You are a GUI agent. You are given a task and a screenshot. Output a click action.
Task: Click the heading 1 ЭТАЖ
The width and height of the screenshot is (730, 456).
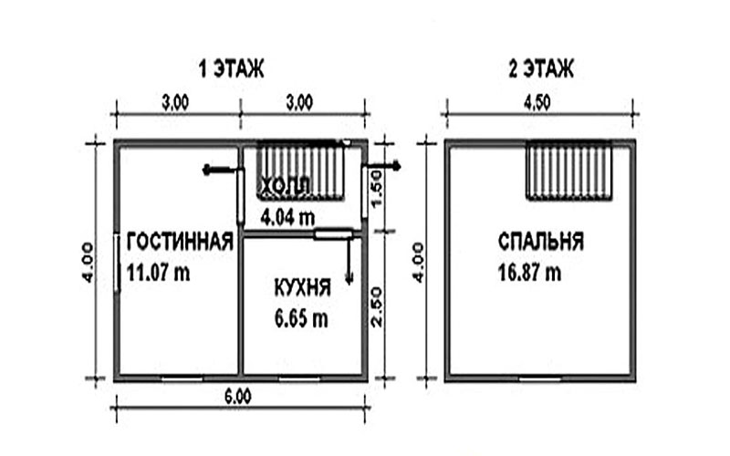click(232, 69)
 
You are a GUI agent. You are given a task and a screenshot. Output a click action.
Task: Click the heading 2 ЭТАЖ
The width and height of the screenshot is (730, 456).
click(541, 69)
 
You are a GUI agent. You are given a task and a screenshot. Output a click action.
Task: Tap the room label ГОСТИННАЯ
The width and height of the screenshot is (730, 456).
click(180, 242)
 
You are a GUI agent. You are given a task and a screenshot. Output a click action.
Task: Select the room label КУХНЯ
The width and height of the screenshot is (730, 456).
click(303, 287)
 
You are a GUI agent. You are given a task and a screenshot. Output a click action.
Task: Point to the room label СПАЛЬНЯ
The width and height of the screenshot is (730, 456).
click(541, 242)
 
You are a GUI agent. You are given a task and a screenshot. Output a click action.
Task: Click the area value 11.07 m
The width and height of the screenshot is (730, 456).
click(158, 273)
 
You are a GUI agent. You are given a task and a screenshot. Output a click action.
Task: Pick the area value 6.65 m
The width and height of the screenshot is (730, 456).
click(301, 318)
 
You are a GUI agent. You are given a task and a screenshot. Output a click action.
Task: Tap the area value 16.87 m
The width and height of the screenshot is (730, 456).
click(530, 273)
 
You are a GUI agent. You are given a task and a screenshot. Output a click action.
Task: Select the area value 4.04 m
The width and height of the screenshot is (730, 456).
click(287, 217)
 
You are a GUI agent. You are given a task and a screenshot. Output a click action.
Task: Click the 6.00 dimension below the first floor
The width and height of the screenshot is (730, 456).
click(238, 397)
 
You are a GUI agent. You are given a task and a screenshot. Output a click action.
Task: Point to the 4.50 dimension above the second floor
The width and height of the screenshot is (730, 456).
click(537, 103)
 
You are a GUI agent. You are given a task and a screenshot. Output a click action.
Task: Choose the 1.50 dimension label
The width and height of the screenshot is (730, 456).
click(376, 188)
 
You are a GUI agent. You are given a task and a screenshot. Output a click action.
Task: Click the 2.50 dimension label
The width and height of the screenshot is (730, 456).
click(376, 306)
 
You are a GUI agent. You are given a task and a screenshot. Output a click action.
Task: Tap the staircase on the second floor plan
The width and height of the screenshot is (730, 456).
click(568, 171)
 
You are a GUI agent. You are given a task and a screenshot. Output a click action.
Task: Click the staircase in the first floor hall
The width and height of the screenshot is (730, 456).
click(301, 170)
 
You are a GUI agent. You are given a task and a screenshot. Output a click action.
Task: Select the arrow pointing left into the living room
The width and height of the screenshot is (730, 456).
click(221, 171)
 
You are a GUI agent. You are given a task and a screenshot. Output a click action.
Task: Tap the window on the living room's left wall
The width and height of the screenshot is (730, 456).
click(117, 264)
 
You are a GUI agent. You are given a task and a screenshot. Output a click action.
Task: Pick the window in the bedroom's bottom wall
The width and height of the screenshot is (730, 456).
click(540, 379)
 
